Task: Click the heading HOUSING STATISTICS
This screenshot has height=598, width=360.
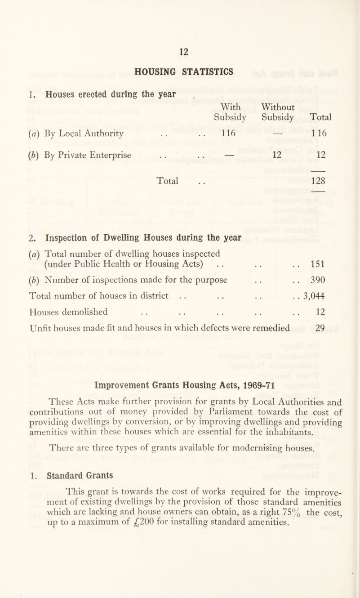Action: click(x=181, y=71)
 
